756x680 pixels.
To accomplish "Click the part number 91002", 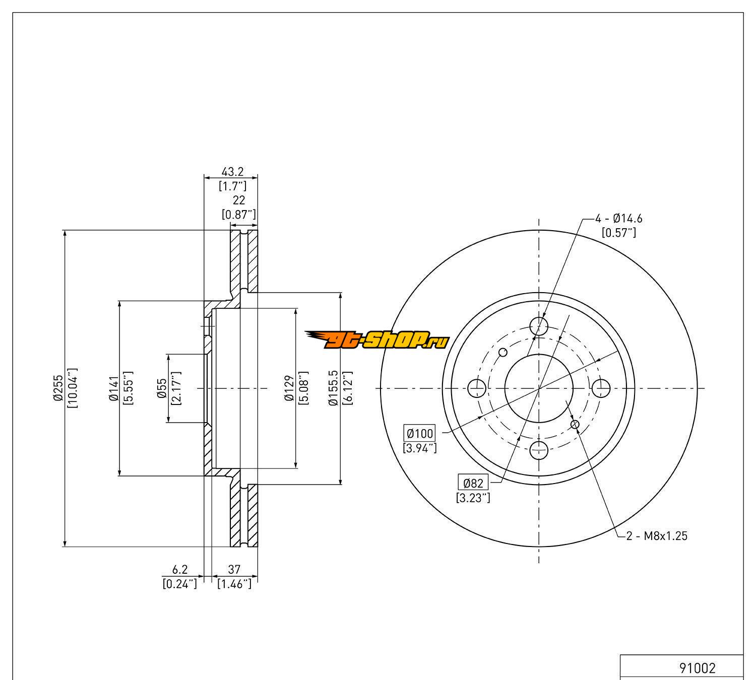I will pos(697,668).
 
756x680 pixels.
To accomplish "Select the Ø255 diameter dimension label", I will pos(58,388).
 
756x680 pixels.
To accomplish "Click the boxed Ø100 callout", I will pos(419,433).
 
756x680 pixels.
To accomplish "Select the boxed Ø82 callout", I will pos(473,483).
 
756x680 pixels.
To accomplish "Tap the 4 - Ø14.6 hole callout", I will pos(619,219).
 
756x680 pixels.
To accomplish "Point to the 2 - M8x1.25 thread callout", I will pos(657,536).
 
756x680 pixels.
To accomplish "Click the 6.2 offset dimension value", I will pos(180,570).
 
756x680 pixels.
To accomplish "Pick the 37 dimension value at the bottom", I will pos(234,570).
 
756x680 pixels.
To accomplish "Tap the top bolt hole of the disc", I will pos(539,326).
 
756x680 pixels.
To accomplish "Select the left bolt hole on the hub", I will pos(477,388).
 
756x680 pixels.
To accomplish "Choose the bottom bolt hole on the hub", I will pos(539,450).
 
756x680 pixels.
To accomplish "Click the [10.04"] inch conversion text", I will pos(72,388).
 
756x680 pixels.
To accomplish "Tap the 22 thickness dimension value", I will pos(239,200).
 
